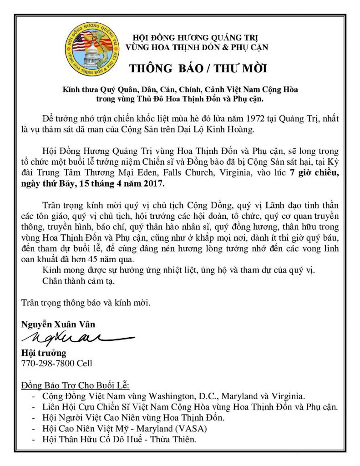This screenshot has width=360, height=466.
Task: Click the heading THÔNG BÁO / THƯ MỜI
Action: (198, 69)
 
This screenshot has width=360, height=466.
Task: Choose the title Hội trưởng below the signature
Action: (43, 353)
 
